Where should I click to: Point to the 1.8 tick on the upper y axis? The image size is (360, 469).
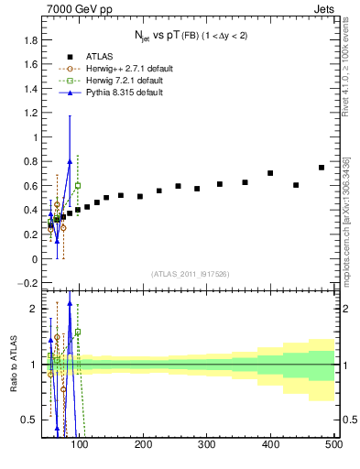(x=31, y=40)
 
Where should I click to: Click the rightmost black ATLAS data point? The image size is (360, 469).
(x=322, y=168)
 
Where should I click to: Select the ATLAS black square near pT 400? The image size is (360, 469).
(x=270, y=173)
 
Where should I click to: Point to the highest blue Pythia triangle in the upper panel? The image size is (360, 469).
(x=70, y=162)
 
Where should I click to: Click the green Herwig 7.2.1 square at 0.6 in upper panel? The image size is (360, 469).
(x=78, y=186)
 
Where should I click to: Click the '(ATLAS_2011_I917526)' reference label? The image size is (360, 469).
(x=190, y=274)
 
